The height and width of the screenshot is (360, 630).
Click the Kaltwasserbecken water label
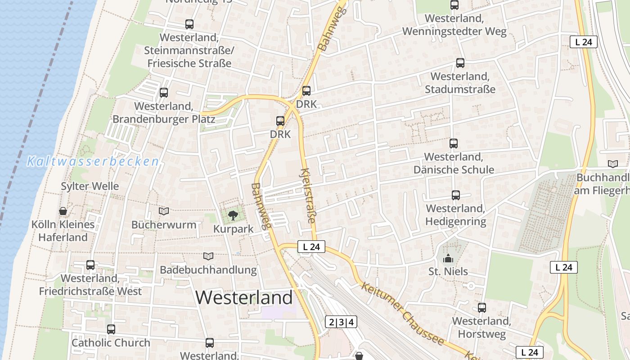click(93, 161)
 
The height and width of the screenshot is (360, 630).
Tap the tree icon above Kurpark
click(233, 216)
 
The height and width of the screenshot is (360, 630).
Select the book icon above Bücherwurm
click(164, 211)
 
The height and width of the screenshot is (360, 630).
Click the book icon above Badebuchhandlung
click(208, 256)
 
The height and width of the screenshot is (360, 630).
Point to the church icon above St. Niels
click(448, 258)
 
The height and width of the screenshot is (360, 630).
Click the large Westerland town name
click(244, 298)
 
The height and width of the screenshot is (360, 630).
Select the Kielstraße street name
click(308, 196)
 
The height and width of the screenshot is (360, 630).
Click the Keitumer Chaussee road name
click(403, 313)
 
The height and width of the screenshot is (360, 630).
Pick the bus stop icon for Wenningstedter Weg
click(454, 5)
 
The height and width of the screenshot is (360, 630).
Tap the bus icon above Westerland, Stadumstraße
click(460, 63)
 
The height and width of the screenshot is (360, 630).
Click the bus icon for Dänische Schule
click(454, 144)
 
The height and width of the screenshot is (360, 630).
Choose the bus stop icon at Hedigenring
click(456, 195)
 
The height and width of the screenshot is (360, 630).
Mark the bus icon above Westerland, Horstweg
click(482, 308)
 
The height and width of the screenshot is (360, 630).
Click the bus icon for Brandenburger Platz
click(164, 93)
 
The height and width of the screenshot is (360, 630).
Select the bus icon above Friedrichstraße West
click(90, 265)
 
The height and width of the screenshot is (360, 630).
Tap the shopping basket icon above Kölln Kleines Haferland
click(63, 211)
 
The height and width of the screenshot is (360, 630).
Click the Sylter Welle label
click(90, 186)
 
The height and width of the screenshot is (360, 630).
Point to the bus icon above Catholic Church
click(111, 329)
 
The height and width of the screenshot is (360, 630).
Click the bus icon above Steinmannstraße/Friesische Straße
click(189, 24)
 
